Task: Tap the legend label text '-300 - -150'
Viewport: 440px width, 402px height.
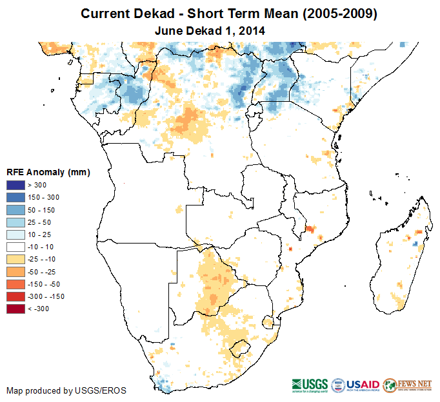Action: coord(45,296)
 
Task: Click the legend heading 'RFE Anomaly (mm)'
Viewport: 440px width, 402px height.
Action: coord(48,172)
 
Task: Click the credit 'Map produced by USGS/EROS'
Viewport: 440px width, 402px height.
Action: coord(66,390)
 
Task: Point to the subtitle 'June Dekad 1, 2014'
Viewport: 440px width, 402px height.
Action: coord(210,30)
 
